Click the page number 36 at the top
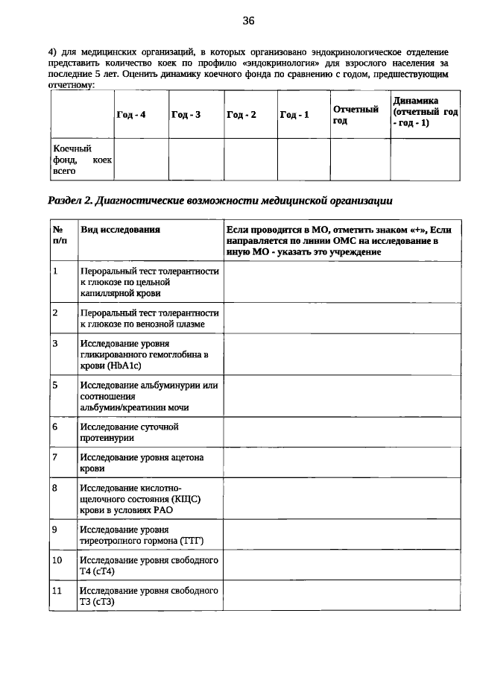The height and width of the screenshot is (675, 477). click(248, 21)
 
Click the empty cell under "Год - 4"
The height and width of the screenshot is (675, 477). click(141, 160)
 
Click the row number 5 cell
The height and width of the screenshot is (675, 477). click(56, 386)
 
